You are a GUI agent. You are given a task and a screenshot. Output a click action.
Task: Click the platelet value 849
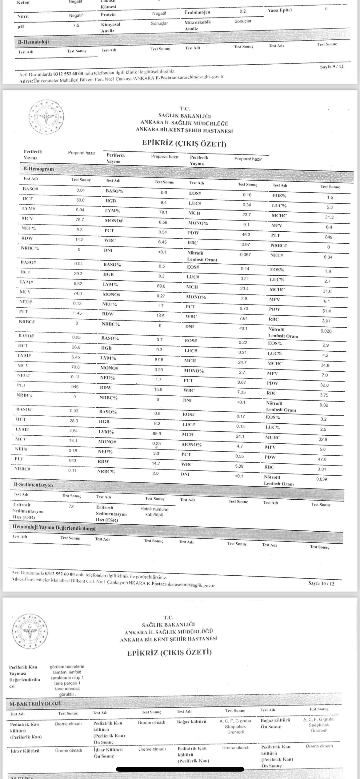point(328,237)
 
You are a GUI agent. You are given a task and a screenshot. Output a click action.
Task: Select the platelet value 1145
point(77,313)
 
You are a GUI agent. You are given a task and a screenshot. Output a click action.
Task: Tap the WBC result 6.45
point(162,242)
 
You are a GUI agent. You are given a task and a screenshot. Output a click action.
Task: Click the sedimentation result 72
point(71,506)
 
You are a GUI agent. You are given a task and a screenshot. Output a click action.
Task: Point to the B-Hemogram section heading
point(38,169)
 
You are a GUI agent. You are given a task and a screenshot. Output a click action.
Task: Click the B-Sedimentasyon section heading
point(33,485)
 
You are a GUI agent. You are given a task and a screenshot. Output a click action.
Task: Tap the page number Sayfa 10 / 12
point(321,583)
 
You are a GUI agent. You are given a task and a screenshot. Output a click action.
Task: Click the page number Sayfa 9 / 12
point(332,66)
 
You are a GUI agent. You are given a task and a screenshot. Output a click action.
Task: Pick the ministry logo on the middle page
point(47,117)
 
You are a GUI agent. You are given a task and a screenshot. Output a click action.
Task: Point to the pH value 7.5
point(76,26)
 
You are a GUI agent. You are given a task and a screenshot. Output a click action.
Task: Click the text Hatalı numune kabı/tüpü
point(154,512)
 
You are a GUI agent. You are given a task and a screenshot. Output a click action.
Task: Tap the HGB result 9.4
point(163,202)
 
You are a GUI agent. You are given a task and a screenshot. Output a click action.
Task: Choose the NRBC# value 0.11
point(73,470)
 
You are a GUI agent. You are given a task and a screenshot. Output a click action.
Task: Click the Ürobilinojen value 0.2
point(242,11)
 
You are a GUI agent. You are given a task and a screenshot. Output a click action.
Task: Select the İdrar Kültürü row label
point(25,751)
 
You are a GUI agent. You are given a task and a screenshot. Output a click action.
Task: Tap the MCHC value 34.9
point(325,365)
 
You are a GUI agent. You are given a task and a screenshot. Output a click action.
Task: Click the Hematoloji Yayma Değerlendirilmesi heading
point(54,528)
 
